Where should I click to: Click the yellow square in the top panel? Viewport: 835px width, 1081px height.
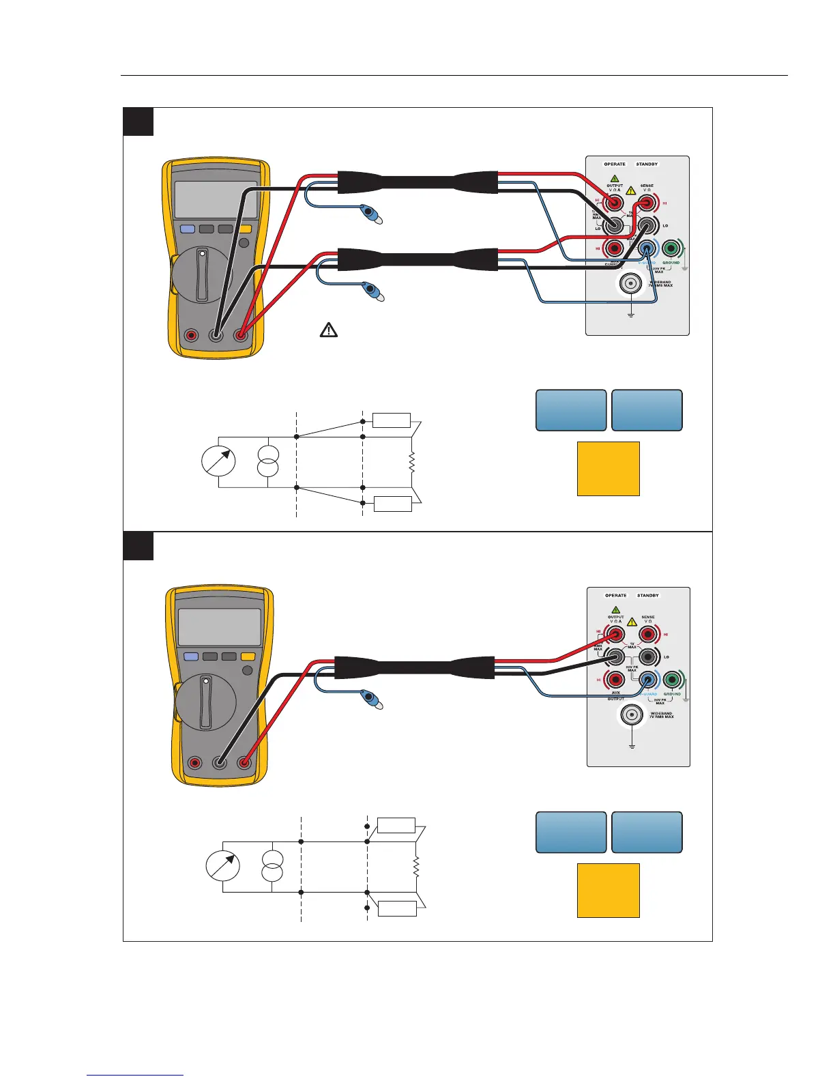point(608,468)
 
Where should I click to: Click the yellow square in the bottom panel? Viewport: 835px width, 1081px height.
point(608,890)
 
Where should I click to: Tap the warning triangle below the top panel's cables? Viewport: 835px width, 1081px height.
point(329,330)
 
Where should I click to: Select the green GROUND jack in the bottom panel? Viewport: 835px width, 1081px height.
point(673,680)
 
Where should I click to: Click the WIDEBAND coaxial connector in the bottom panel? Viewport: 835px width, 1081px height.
point(632,715)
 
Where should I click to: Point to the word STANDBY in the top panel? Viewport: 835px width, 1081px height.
point(647,164)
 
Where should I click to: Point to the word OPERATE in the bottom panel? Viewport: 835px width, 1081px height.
point(615,596)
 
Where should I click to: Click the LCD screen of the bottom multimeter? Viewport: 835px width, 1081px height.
point(220,627)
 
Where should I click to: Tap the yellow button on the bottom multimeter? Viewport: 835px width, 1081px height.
point(248,657)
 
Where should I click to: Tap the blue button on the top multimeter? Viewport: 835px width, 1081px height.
point(187,229)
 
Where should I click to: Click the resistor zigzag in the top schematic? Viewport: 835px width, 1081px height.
point(411,462)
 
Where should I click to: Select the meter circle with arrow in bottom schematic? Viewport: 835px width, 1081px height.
point(222,867)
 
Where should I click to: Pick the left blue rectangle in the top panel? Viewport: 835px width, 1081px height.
point(571,410)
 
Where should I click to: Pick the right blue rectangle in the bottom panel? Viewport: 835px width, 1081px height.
point(647,832)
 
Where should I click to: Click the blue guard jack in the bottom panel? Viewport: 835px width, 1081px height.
point(648,680)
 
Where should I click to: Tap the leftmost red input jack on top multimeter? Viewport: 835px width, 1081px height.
point(191,335)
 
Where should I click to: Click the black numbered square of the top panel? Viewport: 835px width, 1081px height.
point(138,121)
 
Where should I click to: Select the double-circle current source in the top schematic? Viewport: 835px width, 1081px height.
point(269,462)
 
